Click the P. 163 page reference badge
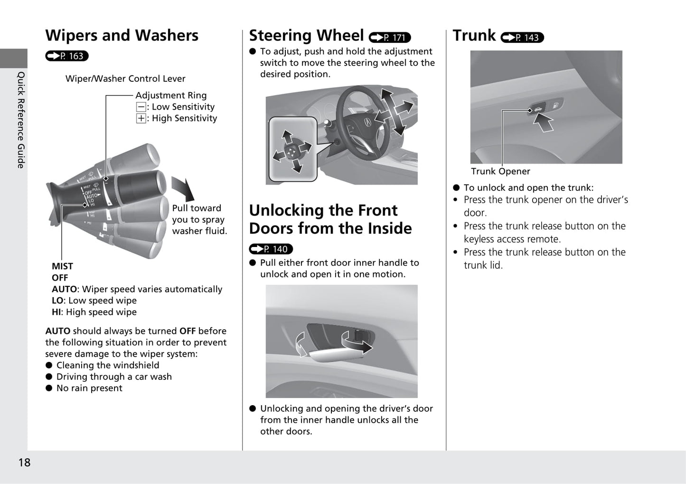(x=67, y=56)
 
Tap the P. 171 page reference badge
(x=389, y=38)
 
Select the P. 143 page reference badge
(x=522, y=38)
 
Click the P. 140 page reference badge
(x=271, y=249)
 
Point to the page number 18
(x=24, y=462)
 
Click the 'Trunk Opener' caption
(x=500, y=171)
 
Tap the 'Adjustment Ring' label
(x=171, y=95)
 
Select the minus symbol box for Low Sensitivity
(x=141, y=107)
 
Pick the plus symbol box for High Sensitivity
(x=141, y=119)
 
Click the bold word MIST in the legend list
(x=62, y=266)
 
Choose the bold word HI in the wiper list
(x=57, y=312)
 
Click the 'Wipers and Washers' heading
(x=122, y=36)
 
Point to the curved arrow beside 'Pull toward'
(x=184, y=189)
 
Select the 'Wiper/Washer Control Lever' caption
(x=125, y=79)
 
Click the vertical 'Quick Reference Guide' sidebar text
(x=21, y=120)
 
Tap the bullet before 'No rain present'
(x=49, y=388)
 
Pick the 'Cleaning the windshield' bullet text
(x=108, y=365)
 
